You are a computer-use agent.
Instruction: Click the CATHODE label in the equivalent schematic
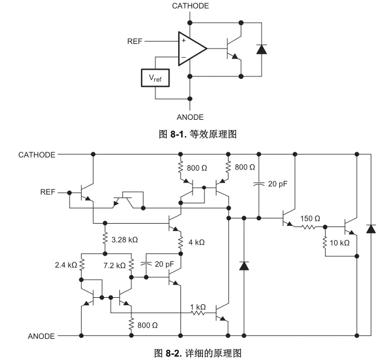coord(190,6)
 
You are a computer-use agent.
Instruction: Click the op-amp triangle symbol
coord(190,48)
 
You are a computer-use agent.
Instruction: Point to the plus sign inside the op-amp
coord(183,41)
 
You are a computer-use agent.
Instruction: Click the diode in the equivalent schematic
coord(262,48)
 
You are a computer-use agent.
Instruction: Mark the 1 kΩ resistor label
coord(198,307)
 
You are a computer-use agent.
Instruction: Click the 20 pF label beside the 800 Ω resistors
coord(278,184)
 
